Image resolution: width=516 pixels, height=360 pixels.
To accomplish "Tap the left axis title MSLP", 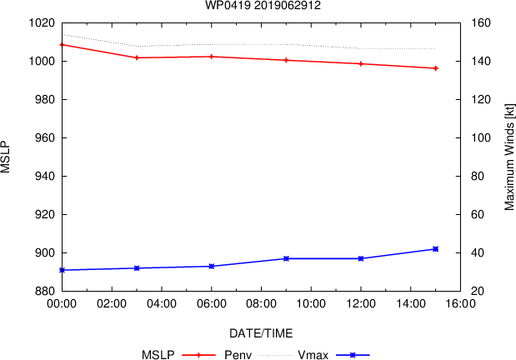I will (6, 157).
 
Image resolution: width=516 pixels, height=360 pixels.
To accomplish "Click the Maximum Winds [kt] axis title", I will (508, 157).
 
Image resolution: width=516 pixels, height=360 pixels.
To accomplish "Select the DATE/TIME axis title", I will (261, 333).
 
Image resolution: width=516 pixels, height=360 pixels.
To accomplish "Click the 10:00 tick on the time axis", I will (311, 305).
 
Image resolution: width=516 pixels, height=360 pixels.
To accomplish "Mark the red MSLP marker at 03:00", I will (137, 57).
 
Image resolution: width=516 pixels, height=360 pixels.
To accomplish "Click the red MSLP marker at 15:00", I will (435, 68).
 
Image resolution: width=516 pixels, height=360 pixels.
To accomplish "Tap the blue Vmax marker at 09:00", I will (286, 258).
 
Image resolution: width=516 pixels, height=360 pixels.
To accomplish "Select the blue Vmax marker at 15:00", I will (435, 249).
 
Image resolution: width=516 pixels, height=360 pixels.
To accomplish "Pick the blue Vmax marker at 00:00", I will (62, 270).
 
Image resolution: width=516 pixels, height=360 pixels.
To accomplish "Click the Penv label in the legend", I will (238, 355).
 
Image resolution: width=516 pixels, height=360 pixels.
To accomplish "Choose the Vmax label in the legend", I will (310, 355).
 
